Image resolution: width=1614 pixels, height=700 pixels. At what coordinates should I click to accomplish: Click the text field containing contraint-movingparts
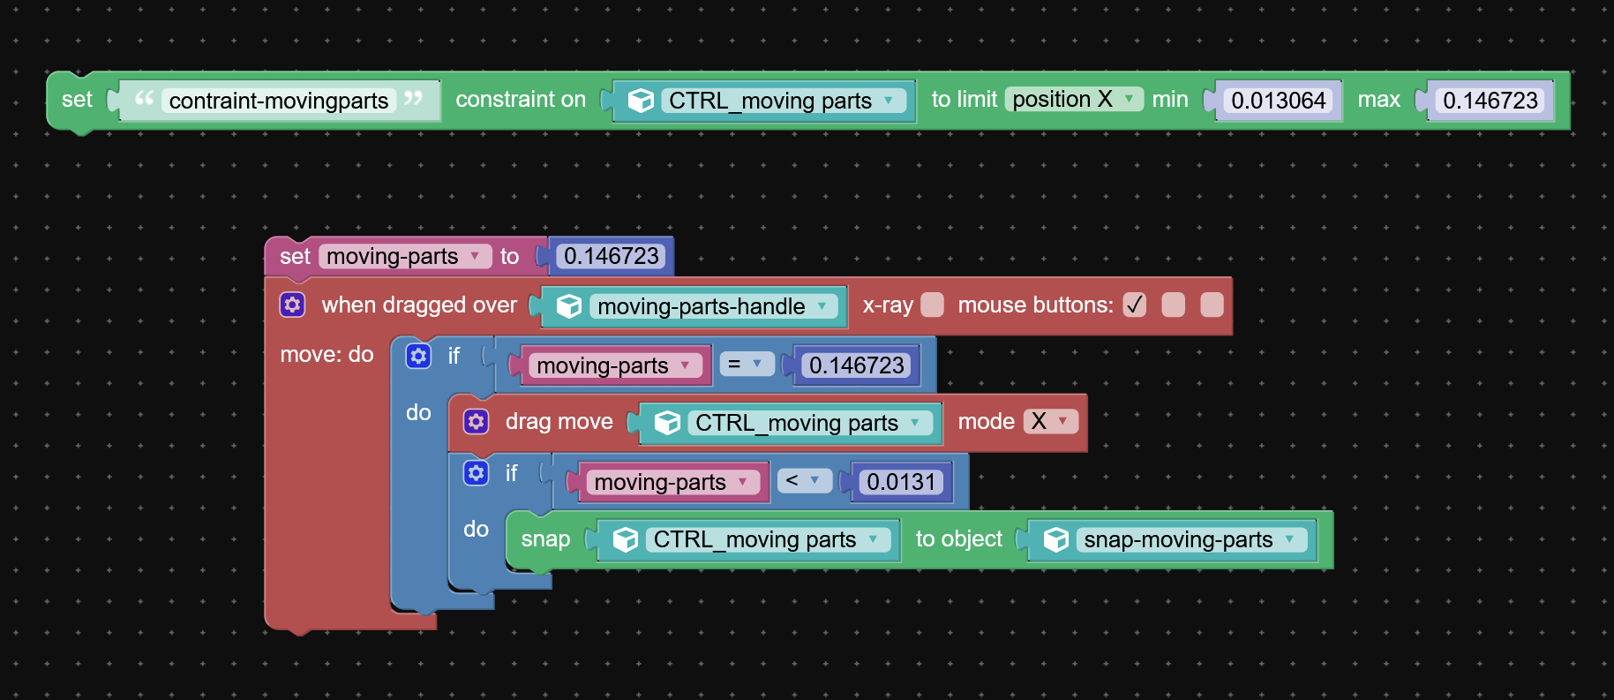pos(279,101)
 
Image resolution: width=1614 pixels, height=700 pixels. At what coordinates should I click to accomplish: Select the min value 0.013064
pos(1278,101)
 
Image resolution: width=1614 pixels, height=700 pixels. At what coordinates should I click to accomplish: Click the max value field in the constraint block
pos(1490,101)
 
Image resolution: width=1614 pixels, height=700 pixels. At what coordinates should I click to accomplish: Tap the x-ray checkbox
pos(932,305)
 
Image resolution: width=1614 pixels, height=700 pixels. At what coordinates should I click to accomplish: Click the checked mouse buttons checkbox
pos(1135,305)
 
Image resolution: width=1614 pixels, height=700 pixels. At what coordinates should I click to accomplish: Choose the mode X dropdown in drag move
pos(1051,421)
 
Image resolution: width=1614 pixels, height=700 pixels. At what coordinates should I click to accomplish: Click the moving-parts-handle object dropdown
pos(713,306)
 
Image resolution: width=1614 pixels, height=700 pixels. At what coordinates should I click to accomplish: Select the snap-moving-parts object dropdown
pos(1190,539)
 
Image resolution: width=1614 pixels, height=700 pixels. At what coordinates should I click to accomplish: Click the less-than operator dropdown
pos(804,480)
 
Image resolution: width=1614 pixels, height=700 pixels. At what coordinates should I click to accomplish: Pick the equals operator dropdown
pos(747,364)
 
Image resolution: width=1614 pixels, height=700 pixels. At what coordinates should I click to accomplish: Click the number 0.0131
pos(901,482)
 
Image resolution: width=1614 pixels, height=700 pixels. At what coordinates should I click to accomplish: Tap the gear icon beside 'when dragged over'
pos(293,305)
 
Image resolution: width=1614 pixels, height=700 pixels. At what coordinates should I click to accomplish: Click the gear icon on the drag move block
pos(477,421)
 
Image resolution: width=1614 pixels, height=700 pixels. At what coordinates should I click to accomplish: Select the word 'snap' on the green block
pos(545,538)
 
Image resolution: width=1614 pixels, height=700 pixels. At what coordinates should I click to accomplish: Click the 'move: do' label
pos(327,354)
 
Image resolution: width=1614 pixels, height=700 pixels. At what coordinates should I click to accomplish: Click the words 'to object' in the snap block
pos(958,538)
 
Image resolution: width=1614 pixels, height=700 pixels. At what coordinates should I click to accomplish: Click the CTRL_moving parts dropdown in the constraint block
pos(784,101)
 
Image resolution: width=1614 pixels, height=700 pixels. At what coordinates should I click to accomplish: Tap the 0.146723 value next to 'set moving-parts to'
pos(612,256)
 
